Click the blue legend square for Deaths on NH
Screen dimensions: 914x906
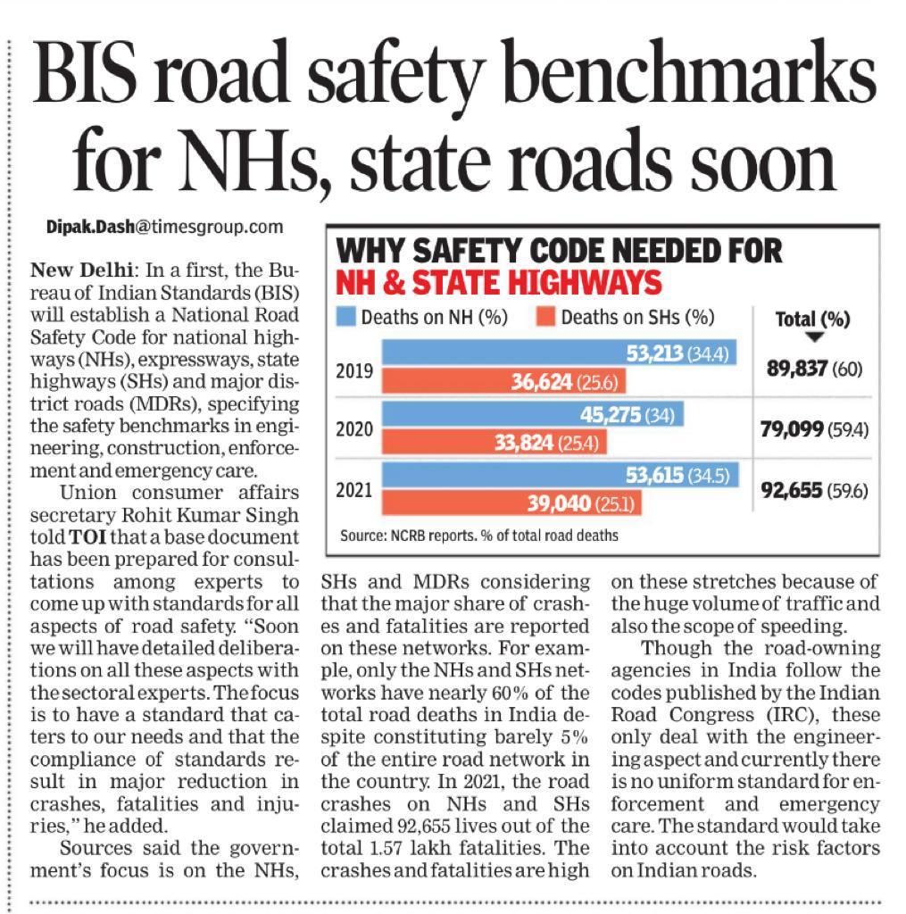(346, 317)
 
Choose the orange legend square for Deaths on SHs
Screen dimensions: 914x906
(547, 317)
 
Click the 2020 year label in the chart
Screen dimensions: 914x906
(354, 428)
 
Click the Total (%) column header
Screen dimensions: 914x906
(812, 319)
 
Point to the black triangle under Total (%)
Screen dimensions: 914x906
(813, 337)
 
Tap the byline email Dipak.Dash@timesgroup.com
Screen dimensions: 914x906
(164, 228)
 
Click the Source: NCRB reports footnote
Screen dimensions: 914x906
(478, 536)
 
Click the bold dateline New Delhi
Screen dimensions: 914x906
(81, 270)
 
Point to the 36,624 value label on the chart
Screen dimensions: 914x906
(546, 383)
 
